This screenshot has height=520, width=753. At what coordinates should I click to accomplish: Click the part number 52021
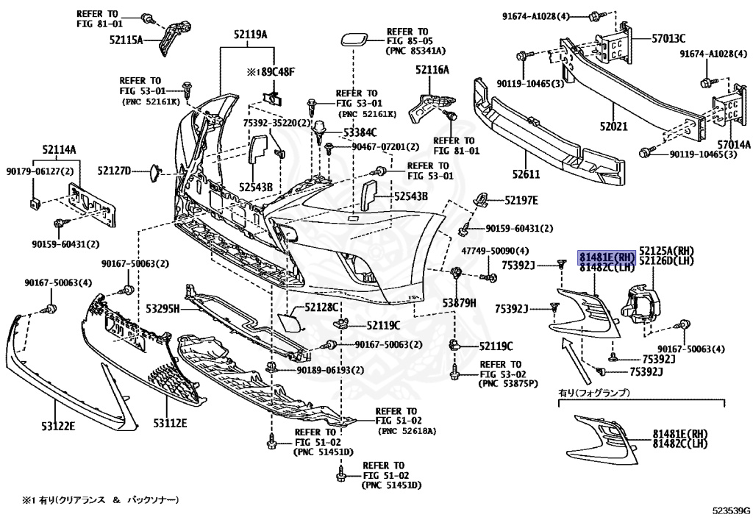coord(613,127)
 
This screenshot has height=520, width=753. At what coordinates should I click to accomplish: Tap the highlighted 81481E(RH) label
coord(606,257)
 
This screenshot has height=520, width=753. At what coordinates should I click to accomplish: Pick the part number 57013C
coord(668,38)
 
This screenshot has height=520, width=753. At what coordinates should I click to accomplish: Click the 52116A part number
coord(432,70)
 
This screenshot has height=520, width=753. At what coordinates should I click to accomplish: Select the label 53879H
coord(459,302)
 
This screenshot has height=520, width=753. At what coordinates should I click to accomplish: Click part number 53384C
coord(360,133)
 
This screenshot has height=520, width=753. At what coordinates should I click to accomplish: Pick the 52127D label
coord(114,171)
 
